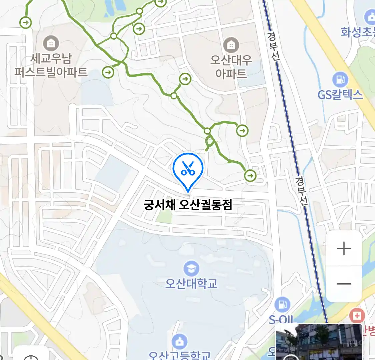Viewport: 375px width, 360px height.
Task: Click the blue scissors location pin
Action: point(188,169)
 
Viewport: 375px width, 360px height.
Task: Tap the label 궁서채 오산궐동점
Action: point(188,204)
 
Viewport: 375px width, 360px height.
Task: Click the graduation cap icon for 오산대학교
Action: point(191,269)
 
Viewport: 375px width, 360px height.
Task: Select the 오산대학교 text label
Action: point(191,283)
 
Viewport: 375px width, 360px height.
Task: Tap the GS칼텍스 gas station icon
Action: point(340,80)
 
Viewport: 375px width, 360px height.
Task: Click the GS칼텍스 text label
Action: point(340,95)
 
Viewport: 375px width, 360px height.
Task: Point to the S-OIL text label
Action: point(282,320)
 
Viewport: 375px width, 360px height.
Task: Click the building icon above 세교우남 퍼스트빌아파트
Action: point(51,43)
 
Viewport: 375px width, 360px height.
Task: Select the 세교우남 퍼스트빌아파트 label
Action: point(51,65)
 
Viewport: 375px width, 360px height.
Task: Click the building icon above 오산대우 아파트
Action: point(231,45)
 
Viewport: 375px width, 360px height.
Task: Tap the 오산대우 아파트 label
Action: point(231,67)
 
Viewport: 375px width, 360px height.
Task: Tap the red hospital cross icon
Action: point(357,315)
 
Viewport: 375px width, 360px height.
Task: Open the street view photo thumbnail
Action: point(319,342)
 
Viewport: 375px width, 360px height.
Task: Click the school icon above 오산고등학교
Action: point(180,342)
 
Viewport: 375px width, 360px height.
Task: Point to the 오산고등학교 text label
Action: point(180,355)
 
